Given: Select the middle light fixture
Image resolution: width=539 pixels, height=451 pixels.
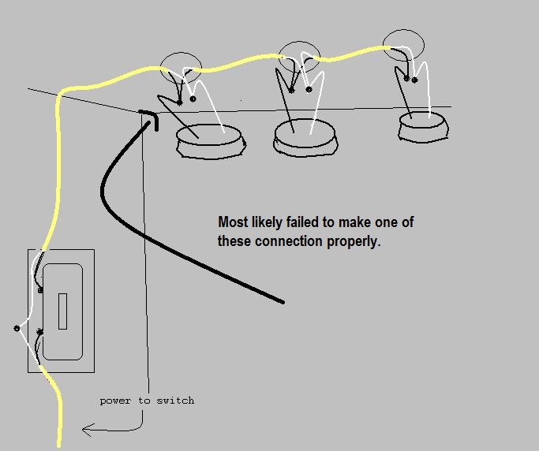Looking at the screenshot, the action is click(x=305, y=138).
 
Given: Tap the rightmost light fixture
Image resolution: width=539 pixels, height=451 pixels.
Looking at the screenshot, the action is click(x=424, y=126).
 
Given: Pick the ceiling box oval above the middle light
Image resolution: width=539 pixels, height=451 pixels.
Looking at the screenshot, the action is click(x=299, y=42).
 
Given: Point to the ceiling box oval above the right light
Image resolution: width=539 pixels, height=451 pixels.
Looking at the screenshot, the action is click(x=403, y=30).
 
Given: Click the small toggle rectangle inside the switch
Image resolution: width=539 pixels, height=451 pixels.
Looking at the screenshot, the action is click(x=62, y=311).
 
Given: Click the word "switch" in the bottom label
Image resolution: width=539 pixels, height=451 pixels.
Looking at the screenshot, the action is click(x=175, y=401).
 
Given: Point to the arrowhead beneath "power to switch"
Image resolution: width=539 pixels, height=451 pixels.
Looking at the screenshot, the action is click(x=88, y=430).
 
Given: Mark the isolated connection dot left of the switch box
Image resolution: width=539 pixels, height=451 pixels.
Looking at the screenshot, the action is click(x=17, y=328).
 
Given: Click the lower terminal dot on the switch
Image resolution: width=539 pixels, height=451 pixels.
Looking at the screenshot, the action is click(x=40, y=332).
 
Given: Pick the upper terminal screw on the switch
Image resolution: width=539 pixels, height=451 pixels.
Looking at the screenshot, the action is click(x=40, y=290).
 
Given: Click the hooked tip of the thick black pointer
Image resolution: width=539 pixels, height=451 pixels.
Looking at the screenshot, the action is click(x=156, y=129).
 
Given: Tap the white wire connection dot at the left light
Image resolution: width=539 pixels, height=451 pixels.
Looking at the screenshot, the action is click(x=193, y=99).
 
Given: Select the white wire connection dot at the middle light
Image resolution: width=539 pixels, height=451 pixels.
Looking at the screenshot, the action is click(x=309, y=90).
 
